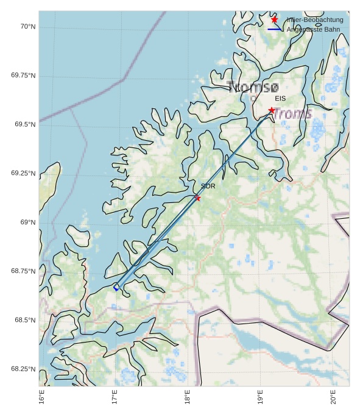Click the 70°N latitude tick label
[28, 26]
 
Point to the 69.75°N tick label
[23, 76]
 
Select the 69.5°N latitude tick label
[25, 124]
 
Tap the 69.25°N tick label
[23, 174]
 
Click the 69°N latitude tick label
[28, 222]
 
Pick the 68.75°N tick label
[23, 271]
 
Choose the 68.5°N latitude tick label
[25, 321]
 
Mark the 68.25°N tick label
[23, 369]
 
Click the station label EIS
[280, 98]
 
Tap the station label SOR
[208, 186]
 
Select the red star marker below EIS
[272, 110]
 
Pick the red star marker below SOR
[197, 198]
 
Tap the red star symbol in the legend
[275, 20]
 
